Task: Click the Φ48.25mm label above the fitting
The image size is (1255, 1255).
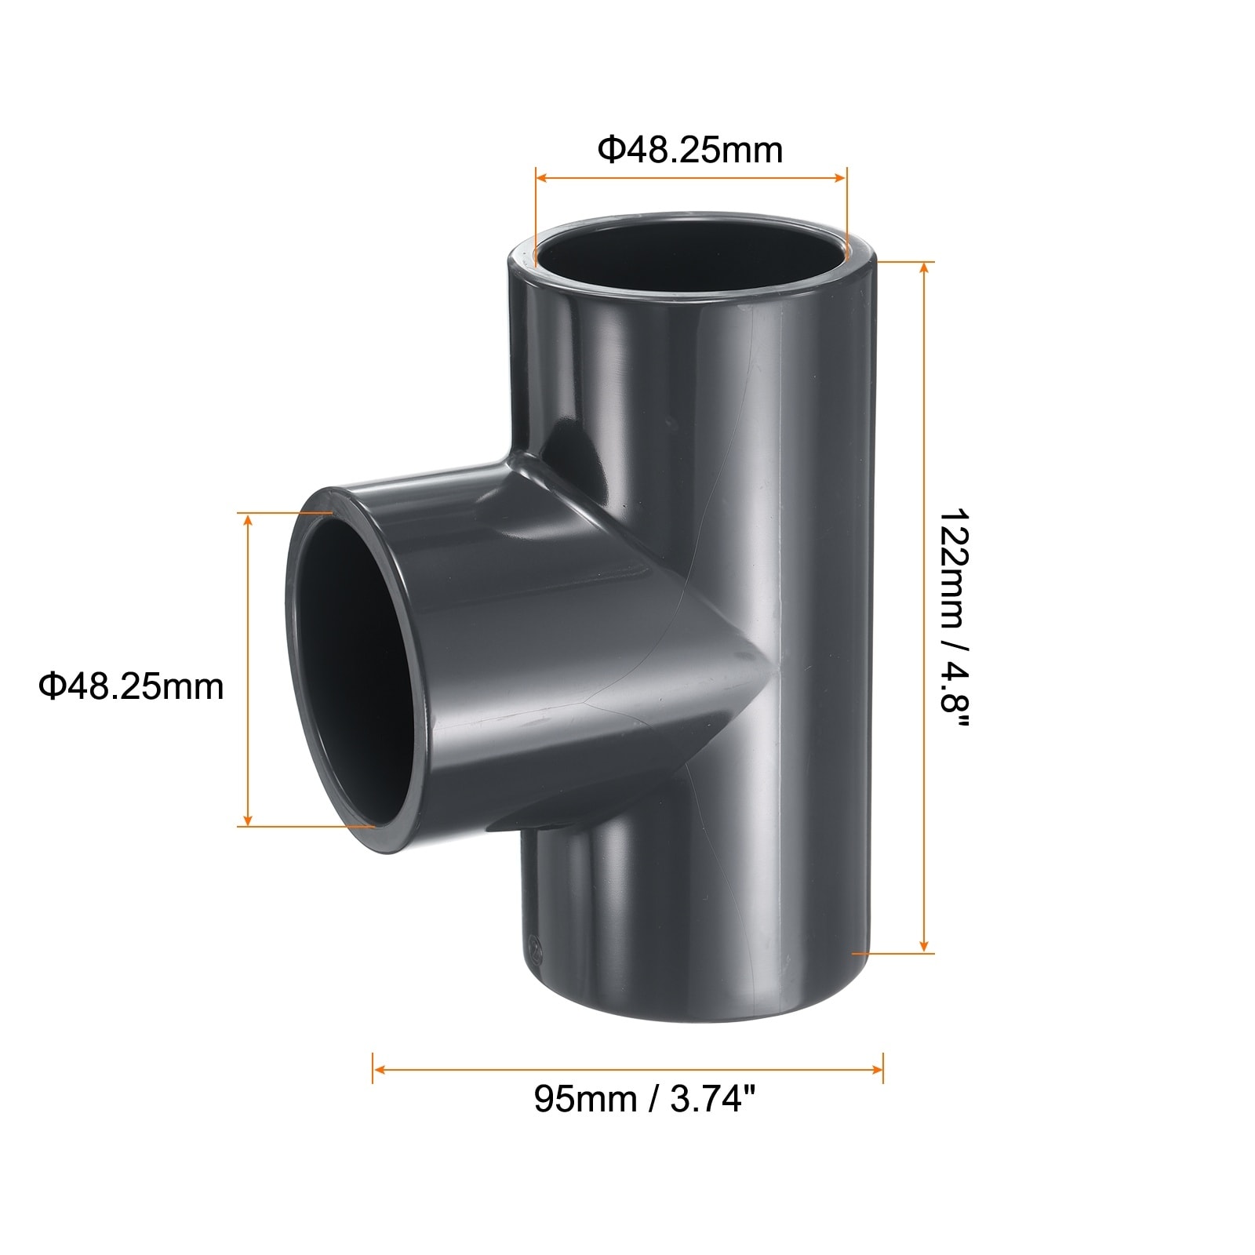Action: pos(690,150)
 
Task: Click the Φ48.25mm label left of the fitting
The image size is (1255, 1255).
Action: pos(131,686)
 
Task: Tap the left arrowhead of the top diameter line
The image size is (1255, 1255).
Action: pos(544,178)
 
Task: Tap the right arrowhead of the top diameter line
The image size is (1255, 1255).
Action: pos(839,178)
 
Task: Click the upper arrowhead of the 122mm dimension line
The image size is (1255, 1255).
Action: pos(925,270)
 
